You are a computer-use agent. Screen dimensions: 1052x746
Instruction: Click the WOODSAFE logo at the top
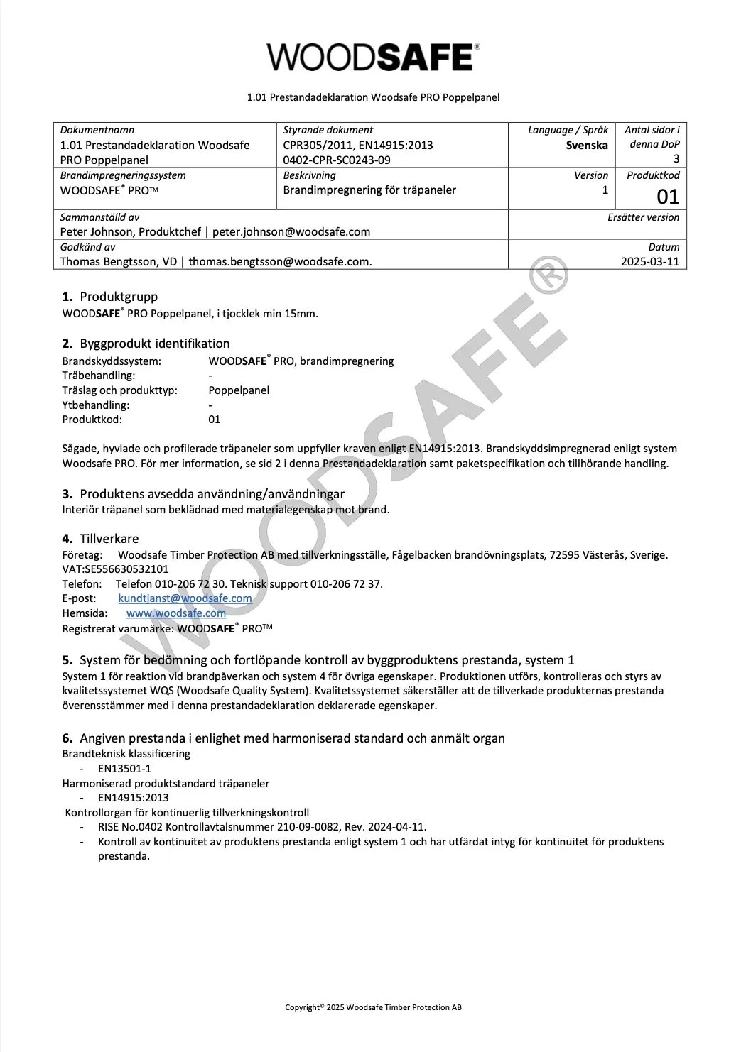coord(372,57)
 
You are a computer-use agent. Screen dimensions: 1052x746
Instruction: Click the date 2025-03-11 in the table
coord(649,261)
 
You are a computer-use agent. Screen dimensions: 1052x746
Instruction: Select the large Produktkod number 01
coord(667,197)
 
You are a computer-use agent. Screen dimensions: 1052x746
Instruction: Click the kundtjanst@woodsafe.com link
coord(185,598)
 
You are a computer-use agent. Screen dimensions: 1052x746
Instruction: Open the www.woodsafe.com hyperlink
coord(176,613)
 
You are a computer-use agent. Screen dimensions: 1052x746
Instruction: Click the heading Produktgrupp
coord(119,297)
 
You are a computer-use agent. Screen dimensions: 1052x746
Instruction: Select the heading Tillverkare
coord(109,539)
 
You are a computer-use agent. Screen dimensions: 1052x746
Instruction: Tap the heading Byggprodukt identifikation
coord(155,344)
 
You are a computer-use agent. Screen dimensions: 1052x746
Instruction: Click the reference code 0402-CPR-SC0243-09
coord(336,160)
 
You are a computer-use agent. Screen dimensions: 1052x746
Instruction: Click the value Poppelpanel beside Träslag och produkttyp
coord(239,390)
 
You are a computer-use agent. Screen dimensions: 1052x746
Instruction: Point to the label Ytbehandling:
coord(96,405)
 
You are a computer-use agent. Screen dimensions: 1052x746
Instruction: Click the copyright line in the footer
coord(373,1007)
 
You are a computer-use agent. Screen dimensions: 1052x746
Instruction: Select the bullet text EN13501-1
coord(124,768)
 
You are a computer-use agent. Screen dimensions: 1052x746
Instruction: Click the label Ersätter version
coord(643,217)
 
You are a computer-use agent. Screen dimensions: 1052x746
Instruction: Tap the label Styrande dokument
coord(328,130)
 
